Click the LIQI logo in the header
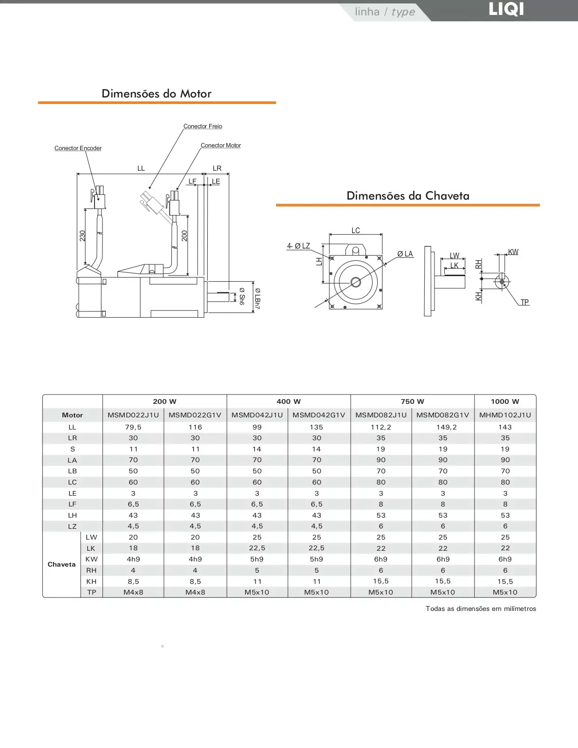506,9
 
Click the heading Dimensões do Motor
156,94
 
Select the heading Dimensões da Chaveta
408,196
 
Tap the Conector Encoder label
78,148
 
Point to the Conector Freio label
203,126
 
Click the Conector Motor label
221,145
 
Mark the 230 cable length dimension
82,235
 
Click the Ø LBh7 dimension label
257,299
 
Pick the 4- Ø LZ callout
299,246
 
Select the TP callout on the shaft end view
524,302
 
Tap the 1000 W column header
505,402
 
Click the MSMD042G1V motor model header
319,415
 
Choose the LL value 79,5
133,427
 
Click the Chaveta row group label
61,564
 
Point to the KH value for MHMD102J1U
505,582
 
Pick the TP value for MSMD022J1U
133,592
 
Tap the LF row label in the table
72,504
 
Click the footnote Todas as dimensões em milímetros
481,609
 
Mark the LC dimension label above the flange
355,230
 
